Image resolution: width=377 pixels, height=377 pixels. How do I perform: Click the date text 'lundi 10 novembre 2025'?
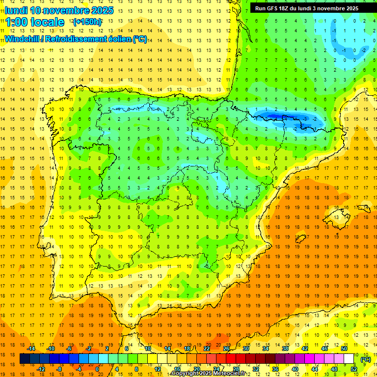pyautogui.click(x=59, y=10)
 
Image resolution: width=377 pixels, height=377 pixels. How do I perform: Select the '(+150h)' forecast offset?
pyautogui.click(x=87, y=22)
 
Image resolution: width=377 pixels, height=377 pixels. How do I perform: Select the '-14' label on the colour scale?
pyautogui.click(x=31, y=349)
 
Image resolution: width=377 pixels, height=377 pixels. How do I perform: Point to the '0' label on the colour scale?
pyautogui.click(x=97, y=369)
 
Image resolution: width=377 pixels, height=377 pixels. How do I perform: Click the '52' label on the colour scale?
pyautogui.click(x=354, y=369)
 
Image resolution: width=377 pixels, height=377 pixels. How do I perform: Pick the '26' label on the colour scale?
pyautogui.click(x=226, y=349)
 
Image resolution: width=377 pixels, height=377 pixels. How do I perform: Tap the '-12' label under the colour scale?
pyautogui.click(x=41, y=369)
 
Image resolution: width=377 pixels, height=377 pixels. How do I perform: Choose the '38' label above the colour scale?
pyautogui.click(x=285, y=349)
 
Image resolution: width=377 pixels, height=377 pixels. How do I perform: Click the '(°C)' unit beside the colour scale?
pyautogui.click(x=366, y=359)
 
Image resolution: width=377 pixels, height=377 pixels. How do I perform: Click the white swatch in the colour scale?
pyautogui.click(x=349, y=359)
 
